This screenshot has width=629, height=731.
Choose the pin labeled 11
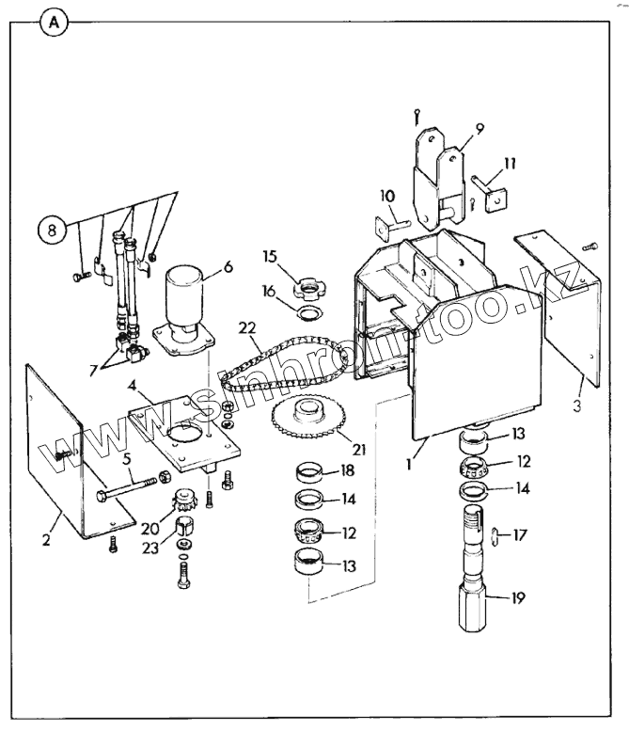489,192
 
